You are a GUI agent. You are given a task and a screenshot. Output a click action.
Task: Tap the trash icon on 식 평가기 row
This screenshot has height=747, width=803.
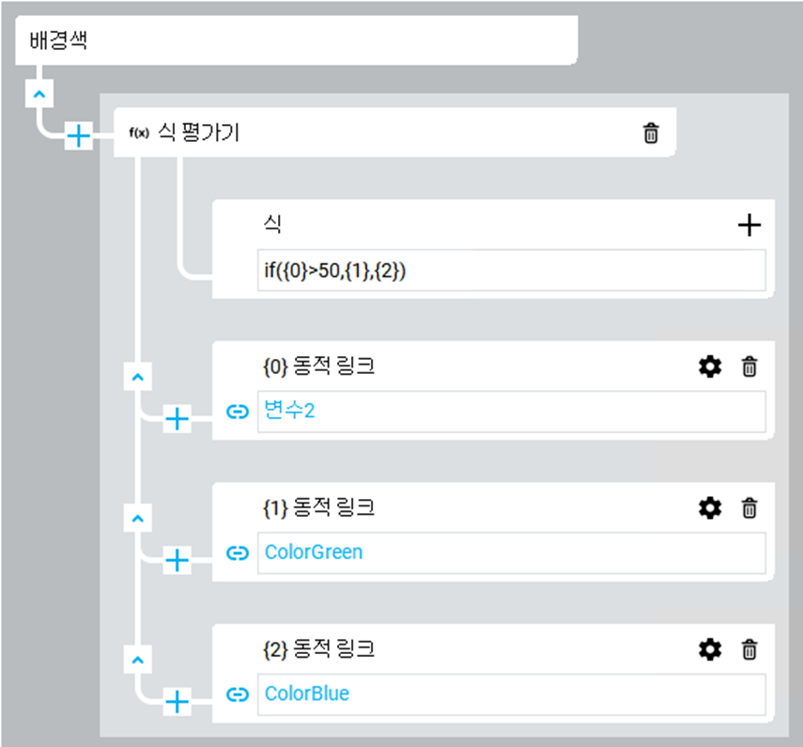650,133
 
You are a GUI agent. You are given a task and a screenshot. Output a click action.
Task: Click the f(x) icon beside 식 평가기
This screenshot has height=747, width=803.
138,133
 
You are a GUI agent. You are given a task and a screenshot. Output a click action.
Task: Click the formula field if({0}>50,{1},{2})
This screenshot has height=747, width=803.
511,271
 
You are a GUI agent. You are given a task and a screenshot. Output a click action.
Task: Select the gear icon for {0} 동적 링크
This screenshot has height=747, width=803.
710,366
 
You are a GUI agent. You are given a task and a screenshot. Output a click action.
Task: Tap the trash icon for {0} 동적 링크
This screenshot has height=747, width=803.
749,366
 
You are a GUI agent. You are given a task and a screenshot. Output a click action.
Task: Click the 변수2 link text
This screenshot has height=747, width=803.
289,411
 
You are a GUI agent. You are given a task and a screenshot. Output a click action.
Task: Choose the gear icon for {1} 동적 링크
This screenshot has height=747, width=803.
710,508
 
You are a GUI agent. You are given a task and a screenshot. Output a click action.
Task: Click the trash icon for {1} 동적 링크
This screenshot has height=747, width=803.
749,508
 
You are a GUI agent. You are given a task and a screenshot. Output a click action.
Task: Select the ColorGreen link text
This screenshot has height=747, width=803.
314,552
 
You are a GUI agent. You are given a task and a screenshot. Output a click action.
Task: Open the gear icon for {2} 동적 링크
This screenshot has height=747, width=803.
710,649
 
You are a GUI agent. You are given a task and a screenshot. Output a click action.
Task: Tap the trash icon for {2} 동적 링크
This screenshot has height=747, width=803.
749,649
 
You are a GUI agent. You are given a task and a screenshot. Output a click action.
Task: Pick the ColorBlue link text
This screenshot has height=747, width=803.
307,694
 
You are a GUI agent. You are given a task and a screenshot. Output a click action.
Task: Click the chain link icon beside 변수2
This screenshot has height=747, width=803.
239,412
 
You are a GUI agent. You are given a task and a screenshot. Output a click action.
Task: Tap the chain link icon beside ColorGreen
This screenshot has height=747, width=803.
239,553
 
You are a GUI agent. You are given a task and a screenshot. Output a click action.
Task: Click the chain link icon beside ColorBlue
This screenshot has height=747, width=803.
239,695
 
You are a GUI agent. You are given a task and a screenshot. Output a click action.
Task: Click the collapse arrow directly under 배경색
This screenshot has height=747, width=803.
39,94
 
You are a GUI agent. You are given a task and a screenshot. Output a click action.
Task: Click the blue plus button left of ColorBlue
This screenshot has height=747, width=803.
177,701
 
